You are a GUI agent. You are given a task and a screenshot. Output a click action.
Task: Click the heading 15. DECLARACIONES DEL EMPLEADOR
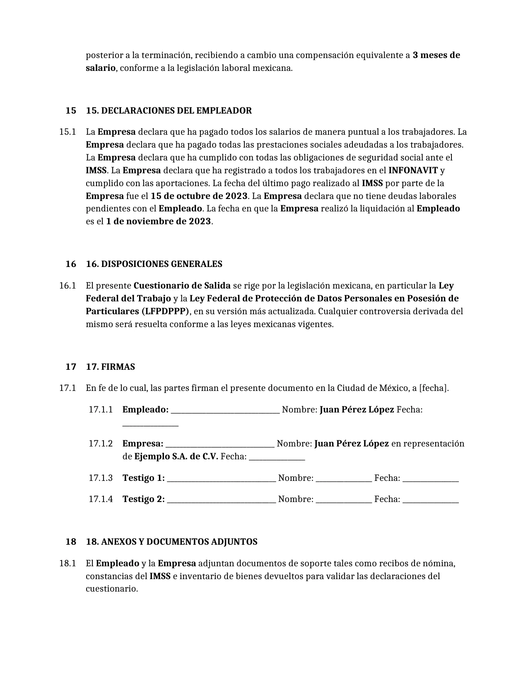click(169, 111)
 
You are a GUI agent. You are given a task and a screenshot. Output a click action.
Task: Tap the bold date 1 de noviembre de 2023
click(158, 221)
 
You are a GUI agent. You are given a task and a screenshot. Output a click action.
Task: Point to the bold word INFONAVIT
click(413, 170)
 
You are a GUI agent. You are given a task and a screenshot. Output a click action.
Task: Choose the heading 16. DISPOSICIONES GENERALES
click(154, 264)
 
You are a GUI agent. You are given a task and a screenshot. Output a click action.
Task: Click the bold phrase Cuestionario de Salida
click(182, 286)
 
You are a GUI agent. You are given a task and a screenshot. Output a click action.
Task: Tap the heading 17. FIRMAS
click(110, 367)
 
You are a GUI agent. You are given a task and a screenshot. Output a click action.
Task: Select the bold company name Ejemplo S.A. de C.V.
click(176, 457)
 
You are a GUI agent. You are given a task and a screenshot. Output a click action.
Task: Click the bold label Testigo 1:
click(143, 478)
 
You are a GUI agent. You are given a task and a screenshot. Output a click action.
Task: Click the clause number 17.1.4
click(100, 499)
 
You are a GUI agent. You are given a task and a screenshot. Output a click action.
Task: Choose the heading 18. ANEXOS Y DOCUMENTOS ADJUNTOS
click(171, 542)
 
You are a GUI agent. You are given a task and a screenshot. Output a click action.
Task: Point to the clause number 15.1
click(68, 132)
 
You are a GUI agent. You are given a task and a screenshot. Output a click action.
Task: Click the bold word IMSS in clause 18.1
click(160, 576)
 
